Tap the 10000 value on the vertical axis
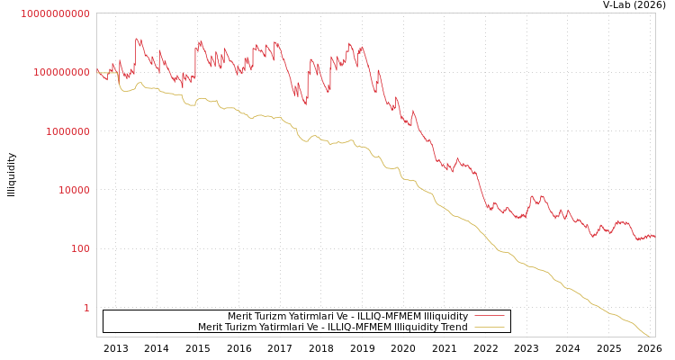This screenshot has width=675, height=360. point(69,190)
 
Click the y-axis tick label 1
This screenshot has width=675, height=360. point(86,308)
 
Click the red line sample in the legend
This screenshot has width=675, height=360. point(489,316)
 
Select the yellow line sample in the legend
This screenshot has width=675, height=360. point(489,328)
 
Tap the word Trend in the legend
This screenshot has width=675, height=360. point(453,328)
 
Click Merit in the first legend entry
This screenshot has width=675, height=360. point(240,316)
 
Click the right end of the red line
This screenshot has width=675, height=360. point(654,236)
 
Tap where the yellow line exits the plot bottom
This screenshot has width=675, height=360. point(649,337)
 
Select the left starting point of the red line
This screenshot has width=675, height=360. point(97,71)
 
